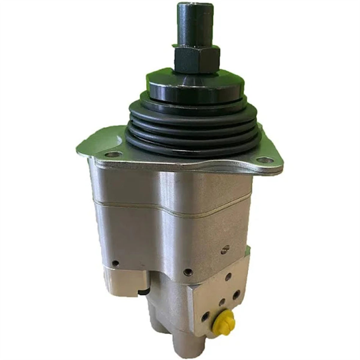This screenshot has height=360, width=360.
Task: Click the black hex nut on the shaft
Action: [x=197, y=59]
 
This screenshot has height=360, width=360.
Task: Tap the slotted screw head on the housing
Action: [x=226, y=249]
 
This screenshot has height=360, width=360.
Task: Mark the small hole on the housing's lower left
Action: [x=116, y=263]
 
